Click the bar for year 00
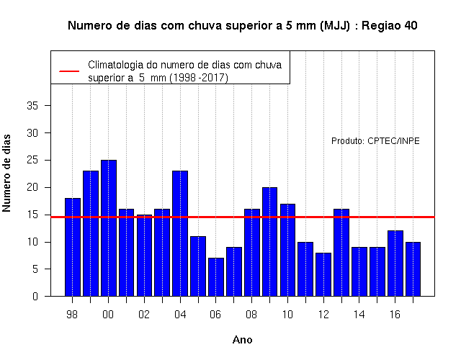[109, 228]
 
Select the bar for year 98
[73, 247]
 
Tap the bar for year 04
[180, 233]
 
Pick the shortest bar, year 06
[216, 277]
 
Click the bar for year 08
[252, 253]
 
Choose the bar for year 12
[323, 274]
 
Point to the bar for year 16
[395, 264]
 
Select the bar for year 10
[288, 250]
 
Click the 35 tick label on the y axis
[32, 106]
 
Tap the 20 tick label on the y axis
[32, 187]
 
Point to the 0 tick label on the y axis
[35, 296]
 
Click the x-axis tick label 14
[359, 315]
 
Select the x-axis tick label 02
[144, 315]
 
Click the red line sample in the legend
[69, 71]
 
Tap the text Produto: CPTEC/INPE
[375, 141]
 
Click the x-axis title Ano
[243, 340]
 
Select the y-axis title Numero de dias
[6, 174]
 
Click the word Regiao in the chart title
[381, 26]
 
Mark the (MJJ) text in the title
[334, 26]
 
